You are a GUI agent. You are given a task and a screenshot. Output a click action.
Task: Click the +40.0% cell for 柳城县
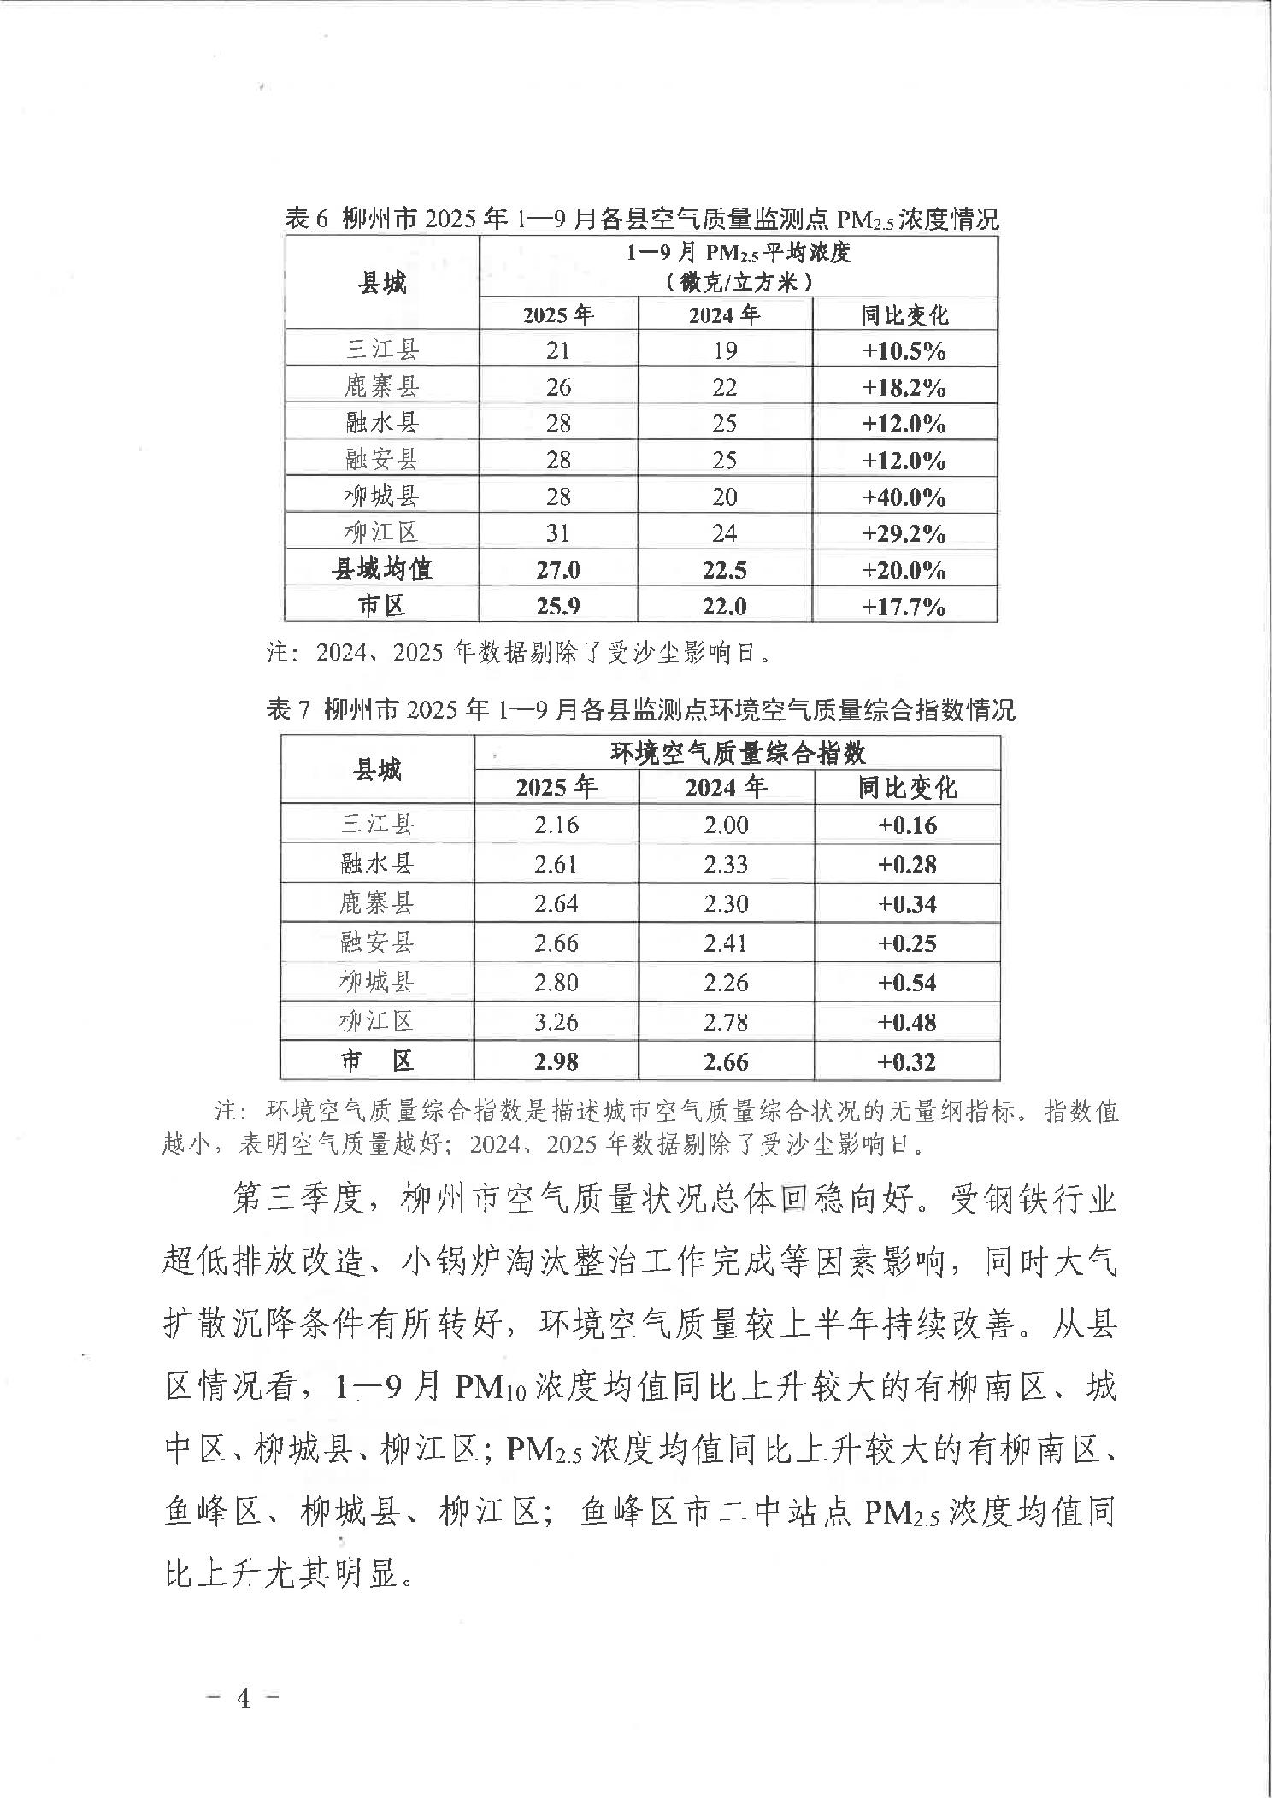[904, 497]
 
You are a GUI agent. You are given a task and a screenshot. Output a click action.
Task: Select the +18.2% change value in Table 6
[904, 387]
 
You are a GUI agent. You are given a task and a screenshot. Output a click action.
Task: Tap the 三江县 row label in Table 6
[382, 350]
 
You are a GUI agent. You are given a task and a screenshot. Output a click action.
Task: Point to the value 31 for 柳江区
[558, 533]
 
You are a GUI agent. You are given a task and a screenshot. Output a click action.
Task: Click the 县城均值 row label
[382, 569]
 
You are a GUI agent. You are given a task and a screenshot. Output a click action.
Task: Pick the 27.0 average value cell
[558, 570]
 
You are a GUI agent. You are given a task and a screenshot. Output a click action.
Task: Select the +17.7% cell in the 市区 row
[904, 607]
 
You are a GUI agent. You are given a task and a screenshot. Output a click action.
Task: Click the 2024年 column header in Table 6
[724, 315]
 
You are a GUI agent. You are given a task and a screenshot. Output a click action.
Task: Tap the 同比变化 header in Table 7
[907, 787]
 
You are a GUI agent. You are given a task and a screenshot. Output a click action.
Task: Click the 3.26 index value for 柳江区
[556, 1021]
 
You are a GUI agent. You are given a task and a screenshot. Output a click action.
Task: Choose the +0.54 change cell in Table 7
[907, 982]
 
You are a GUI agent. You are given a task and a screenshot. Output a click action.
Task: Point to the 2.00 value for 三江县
[726, 825]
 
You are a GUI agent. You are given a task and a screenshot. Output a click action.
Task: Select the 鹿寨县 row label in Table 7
[377, 903]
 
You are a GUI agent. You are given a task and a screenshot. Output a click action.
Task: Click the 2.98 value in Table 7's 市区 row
[556, 1061]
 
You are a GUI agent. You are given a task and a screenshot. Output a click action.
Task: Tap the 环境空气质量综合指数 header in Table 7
[737, 753]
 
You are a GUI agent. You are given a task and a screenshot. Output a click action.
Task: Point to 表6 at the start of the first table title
[306, 220]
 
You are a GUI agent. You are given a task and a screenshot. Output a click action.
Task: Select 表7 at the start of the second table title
[288, 709]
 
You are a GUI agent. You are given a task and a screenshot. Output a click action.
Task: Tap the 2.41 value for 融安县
[726, 943]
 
